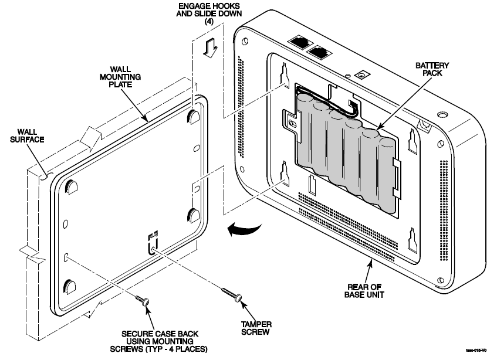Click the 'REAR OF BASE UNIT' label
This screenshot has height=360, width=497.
367,290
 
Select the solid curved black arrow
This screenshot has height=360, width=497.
242,230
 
